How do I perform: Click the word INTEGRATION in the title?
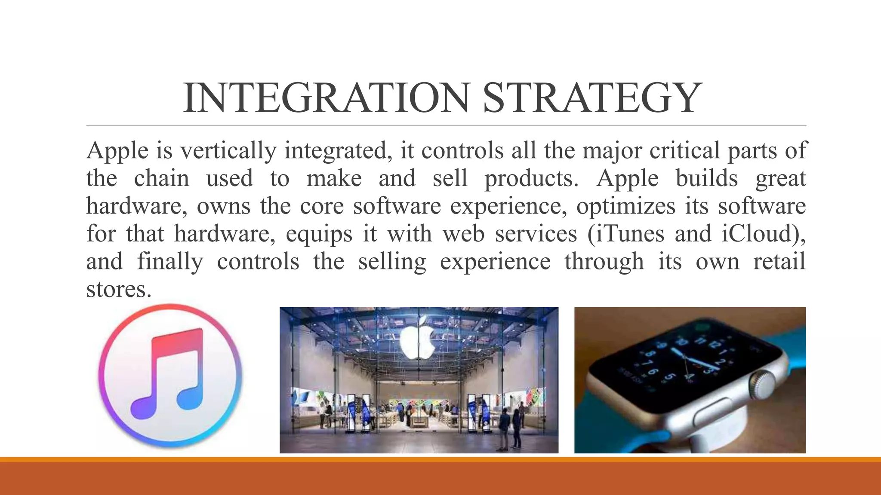click(325, 98)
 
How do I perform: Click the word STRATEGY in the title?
click(592, 98)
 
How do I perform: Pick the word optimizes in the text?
click(626, 207)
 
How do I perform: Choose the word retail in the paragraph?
click(779, 262)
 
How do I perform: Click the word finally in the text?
click(170, 262)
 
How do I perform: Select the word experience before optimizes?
click(508, 207)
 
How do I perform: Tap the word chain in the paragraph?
click(161, 179)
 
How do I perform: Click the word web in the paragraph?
click(464, 234)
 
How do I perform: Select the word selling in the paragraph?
click(392, 262)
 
